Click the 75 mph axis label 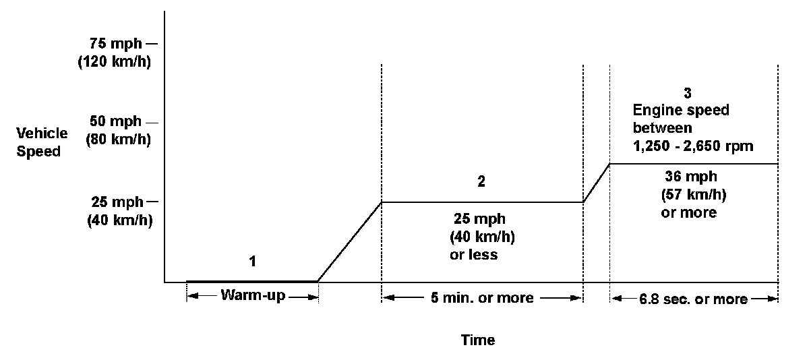(116, 44)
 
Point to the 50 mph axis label (116, 122)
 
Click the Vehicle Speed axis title (42, 142)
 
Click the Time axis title (478, 340)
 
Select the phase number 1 (253, 261)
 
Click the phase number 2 (481, 181)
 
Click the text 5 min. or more (482, 298)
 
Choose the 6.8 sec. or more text (694, 299)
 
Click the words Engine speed (681, 110)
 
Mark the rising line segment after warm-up (349, 242)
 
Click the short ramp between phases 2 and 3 (597, 183)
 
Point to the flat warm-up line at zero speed (251, 280)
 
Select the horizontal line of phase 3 (694, 164)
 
